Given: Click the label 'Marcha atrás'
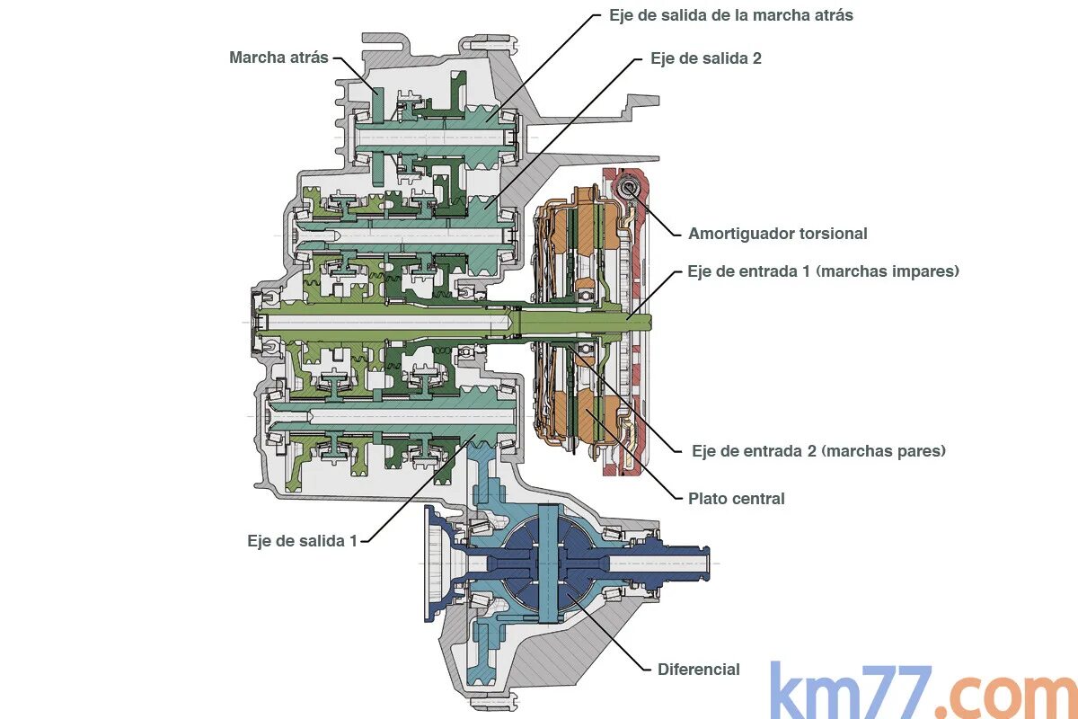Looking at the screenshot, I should tap(279, 58).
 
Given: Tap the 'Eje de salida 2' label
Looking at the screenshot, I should tap(706, 58).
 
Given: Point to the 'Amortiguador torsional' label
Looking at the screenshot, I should tap(777, 234).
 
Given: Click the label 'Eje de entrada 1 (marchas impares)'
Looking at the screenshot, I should tap(823, 271).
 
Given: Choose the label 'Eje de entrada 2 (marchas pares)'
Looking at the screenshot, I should tap(818, 451).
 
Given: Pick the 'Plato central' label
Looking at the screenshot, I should tap(736, 499).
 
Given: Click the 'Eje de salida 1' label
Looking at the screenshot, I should tap(302, 541).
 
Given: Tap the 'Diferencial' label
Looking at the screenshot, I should tap(698, 670).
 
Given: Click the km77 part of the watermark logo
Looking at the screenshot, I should tap(850, 692).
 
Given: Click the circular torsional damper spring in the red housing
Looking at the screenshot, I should tap(628, 188).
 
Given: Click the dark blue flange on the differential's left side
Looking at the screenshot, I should tap(437, 564).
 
